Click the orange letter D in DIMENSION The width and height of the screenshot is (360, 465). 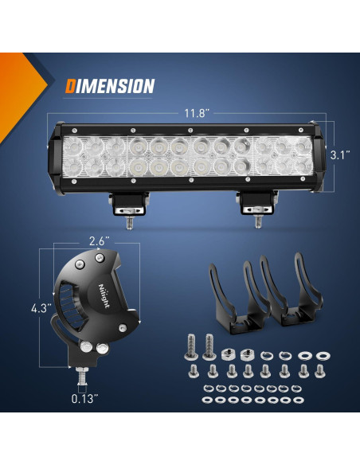point(71,85)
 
